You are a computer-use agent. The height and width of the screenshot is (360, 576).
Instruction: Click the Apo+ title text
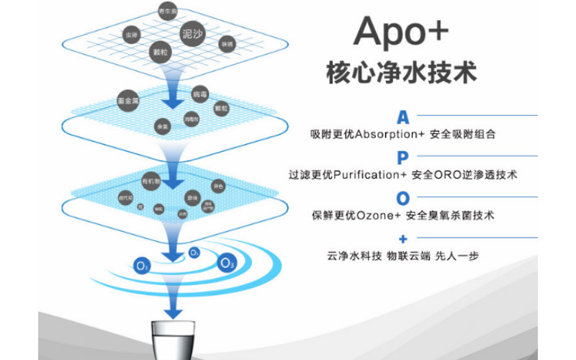401,32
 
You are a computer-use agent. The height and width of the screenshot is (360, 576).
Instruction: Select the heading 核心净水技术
402,73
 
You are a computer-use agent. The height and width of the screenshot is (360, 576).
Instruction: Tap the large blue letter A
403,117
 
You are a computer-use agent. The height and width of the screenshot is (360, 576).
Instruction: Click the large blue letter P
402,158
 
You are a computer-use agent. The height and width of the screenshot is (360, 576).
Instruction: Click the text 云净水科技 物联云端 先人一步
402,256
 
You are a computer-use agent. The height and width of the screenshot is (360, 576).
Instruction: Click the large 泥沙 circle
193,34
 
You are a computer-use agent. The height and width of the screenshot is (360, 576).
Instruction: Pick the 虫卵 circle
131,35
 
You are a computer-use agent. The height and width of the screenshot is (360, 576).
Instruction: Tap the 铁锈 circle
226,44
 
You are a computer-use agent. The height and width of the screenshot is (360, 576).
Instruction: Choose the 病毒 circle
199,95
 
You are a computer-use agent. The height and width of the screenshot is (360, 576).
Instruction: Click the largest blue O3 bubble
228,262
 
